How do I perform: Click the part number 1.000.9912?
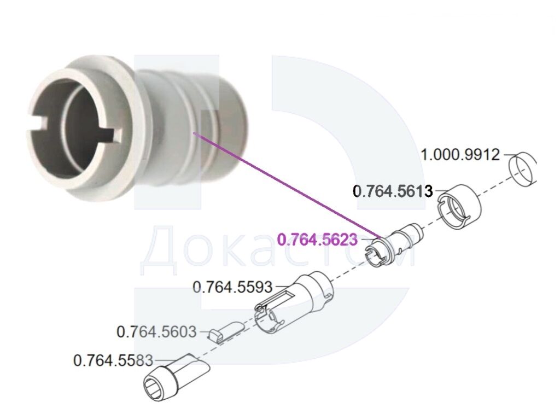coord(460,155)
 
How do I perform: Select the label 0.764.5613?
coord(393,191)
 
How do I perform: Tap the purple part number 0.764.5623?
coord(318,240)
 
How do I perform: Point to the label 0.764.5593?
coord(232,287)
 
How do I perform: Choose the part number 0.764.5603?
coord(156,332)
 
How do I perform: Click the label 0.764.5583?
coord(113,360)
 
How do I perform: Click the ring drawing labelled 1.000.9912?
coord(522,170)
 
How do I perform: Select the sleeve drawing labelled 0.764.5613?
coord(460,207)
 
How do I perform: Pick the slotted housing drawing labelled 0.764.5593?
coord(295,302)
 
